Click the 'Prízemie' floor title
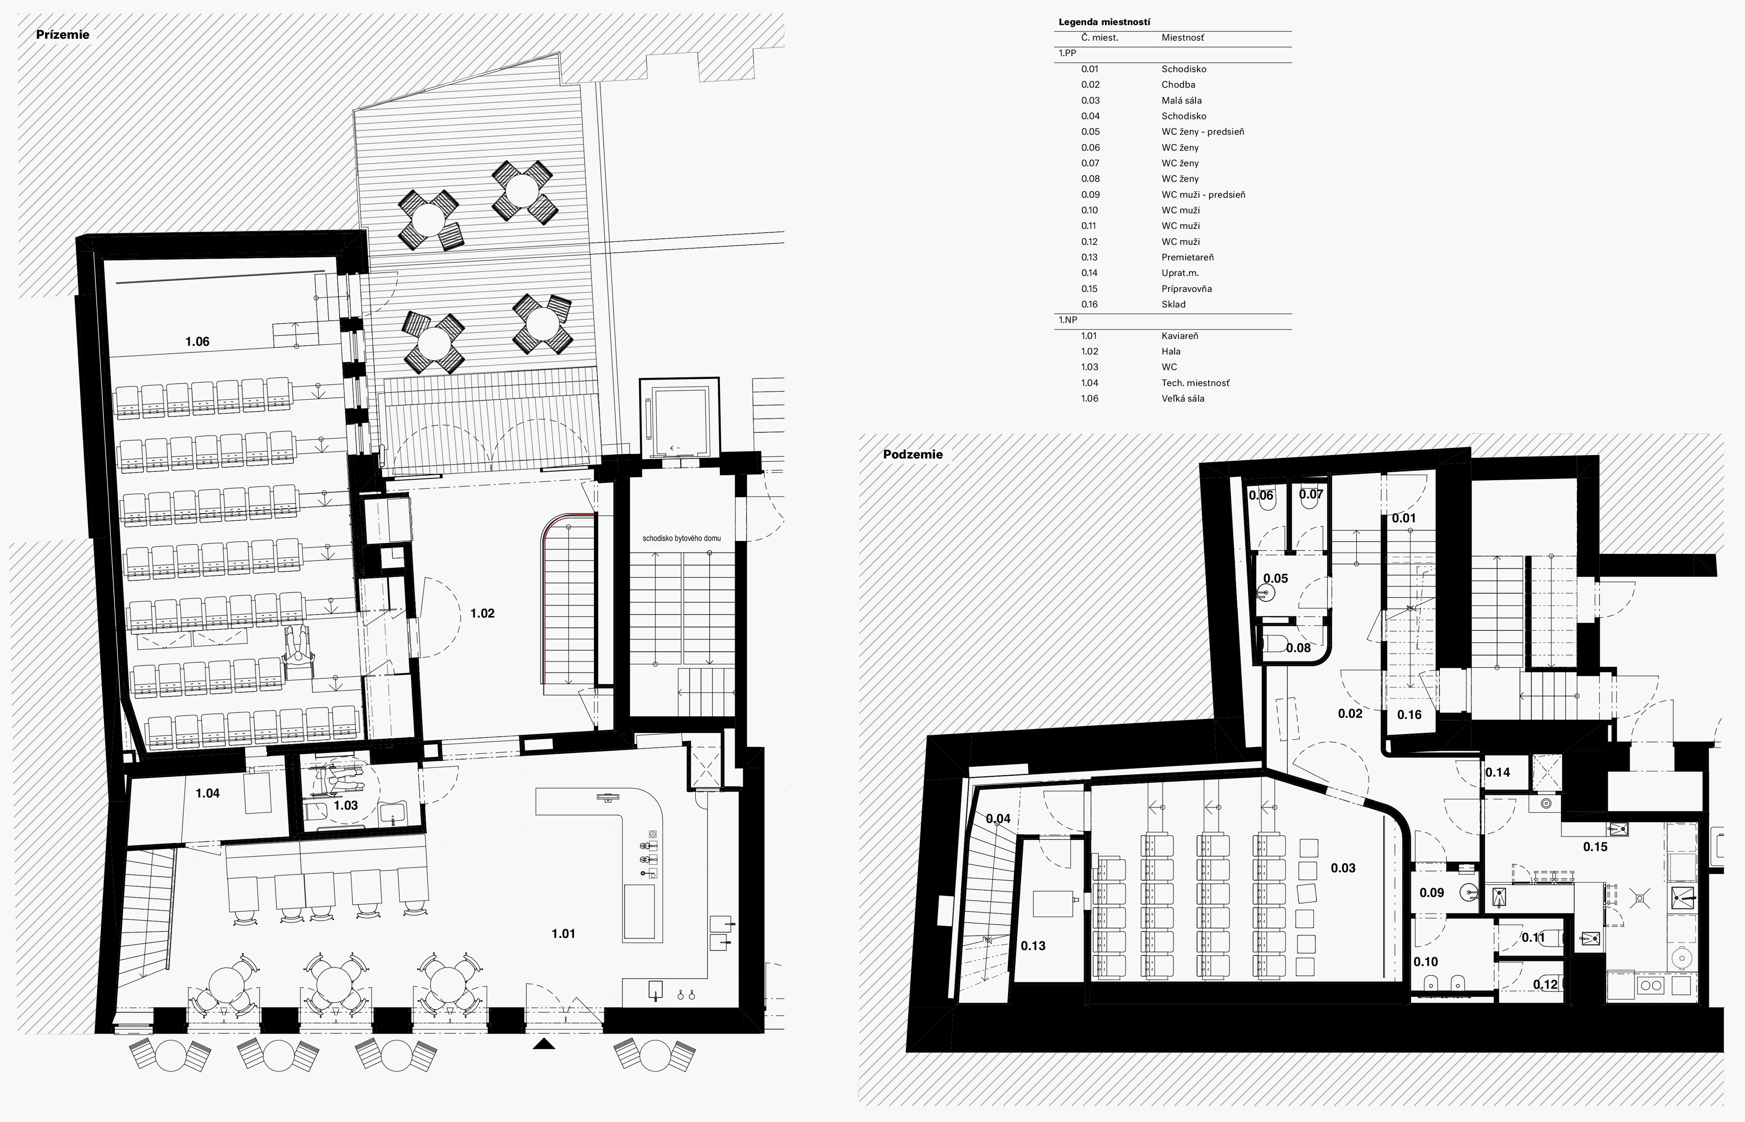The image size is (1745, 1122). tap(63, 34)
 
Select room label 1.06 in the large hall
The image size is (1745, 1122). tap(197, 342)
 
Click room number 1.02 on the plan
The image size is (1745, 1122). tap(482, 614)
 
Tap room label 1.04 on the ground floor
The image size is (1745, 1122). tap(207, 793)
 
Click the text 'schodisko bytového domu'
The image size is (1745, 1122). tap(682, 538)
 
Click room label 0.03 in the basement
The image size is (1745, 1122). tap(1343, 868)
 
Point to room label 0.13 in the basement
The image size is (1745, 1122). tap(1033, 946)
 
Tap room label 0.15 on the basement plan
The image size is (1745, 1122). tap(1595, 847)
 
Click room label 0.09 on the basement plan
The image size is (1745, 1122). tap(1432, 892)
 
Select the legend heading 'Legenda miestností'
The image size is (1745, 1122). tap(1104, 22)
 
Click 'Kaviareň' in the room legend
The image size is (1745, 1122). tap(1180, 336)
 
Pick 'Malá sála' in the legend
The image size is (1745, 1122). tap(1181, 101)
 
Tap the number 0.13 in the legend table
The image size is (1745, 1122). tap(1089, 257)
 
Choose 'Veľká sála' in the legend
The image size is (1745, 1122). tap(1183, 398)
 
